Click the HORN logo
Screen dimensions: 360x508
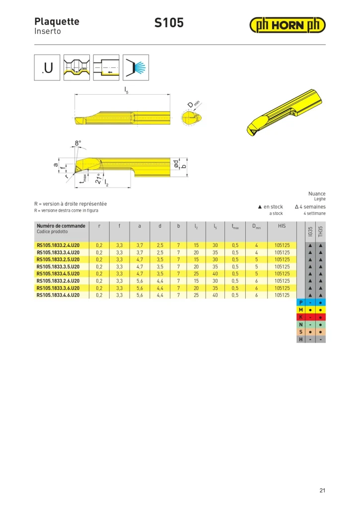point(288,25)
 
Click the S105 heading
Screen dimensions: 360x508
point(169,23)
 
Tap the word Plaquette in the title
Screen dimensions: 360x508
point(57,22)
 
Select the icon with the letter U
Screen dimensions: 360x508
point(47,67)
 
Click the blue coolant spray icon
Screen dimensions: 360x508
point(136,67)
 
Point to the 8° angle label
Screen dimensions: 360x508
point(78,143)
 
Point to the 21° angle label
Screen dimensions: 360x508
point(98,179)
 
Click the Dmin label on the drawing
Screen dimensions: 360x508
point(194,104)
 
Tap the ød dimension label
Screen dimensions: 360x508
point(175,164)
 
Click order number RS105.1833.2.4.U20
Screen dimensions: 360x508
point(58,245)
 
